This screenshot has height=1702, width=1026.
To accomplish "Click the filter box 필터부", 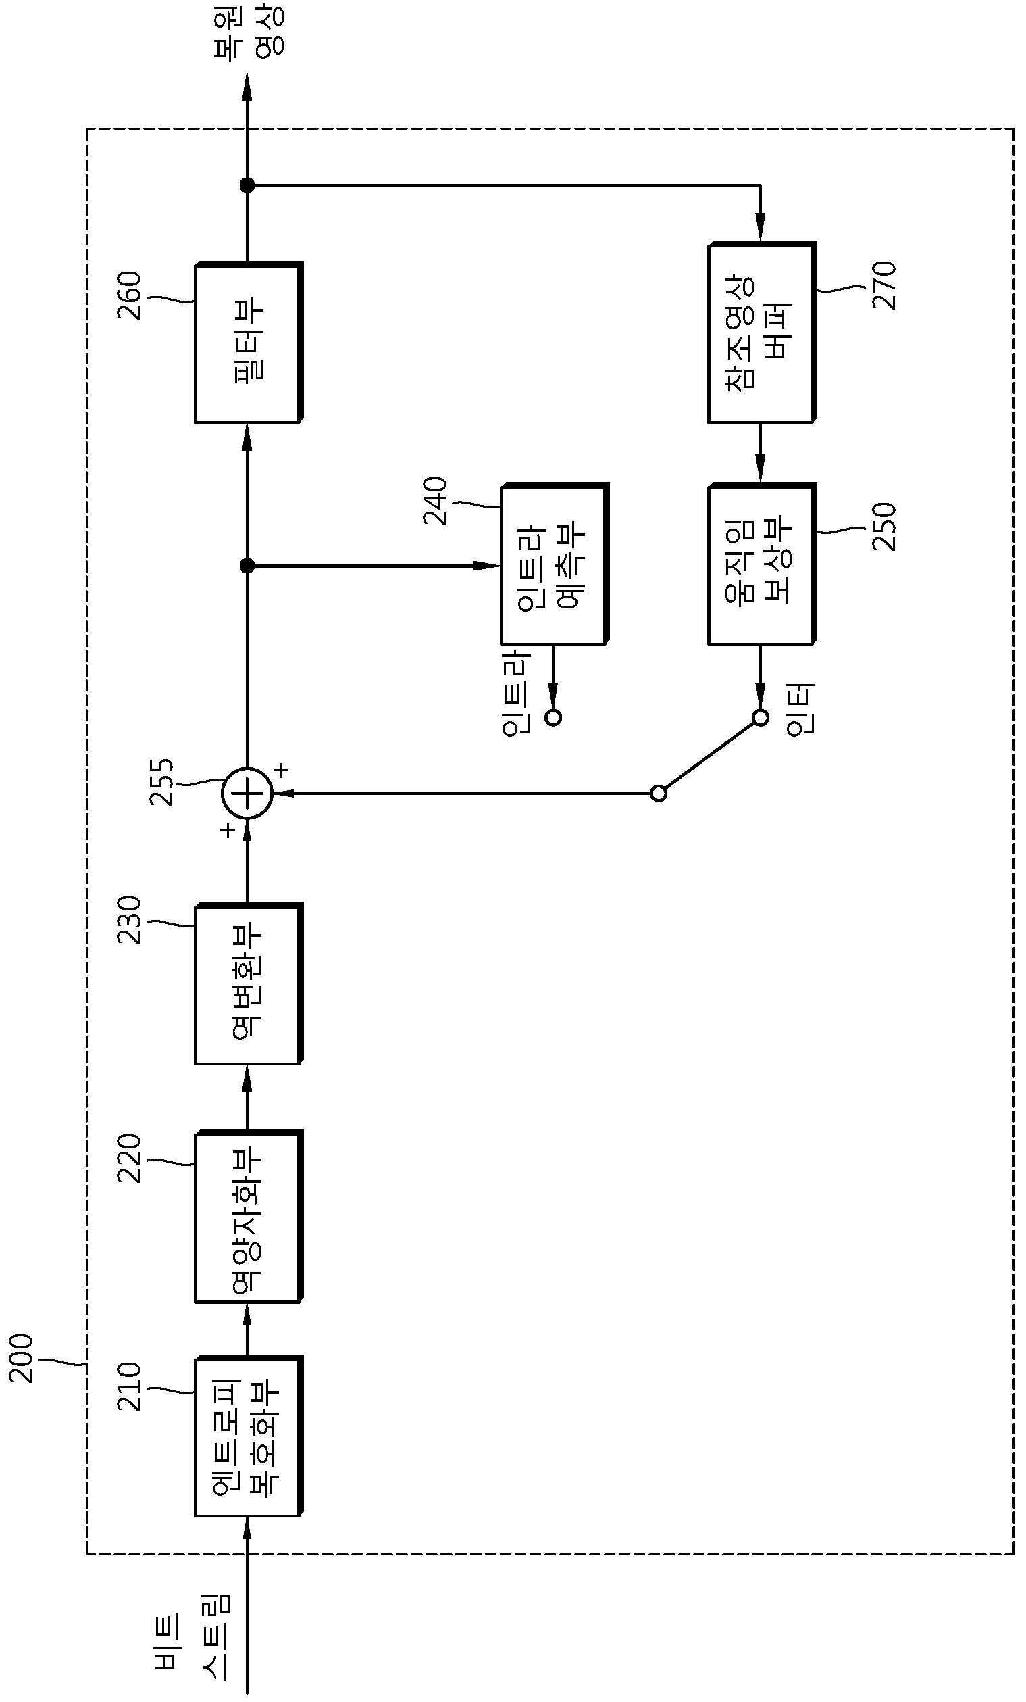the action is (x=249, y=343).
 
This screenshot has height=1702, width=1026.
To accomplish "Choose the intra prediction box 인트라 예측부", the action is (x=555, y=564).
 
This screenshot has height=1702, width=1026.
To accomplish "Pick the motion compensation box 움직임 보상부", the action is (x=761, y=564).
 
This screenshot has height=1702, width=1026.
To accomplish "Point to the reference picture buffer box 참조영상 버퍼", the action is (x=761, y=333).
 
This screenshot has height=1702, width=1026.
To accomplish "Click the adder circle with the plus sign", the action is (x=247, y=794).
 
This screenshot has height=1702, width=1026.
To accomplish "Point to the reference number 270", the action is (x=884, y=285).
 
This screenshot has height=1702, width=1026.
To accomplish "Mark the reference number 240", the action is (x=436, y=502).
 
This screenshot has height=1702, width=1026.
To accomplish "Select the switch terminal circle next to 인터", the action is (x=760, y=718).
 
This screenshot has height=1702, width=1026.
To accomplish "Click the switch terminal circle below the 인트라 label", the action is (x=553, y=718).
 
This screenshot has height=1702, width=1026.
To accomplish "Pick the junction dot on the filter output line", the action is (x=247, y=185).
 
